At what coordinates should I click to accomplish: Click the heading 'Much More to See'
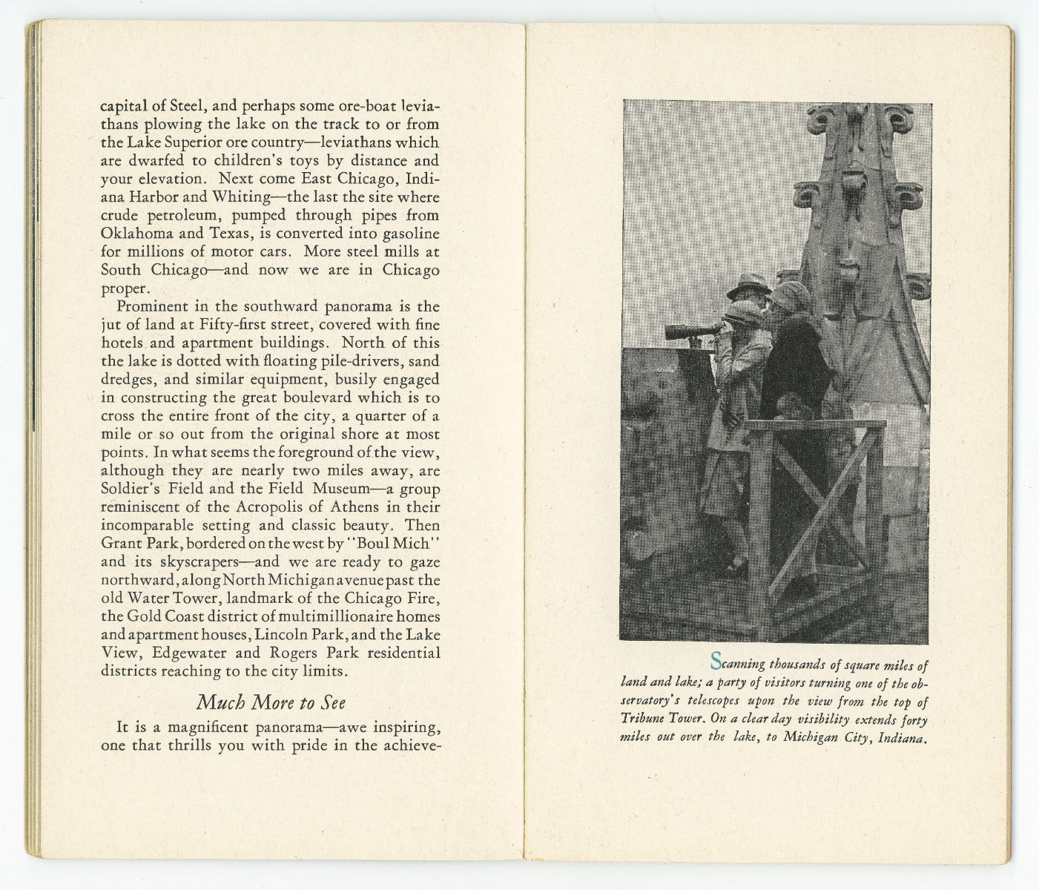[x=271, y=702]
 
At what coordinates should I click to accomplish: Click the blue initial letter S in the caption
[x=716, y=659]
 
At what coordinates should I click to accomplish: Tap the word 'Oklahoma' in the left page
[x=133, y=234]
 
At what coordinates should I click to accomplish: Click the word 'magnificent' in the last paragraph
[x=198, y=727]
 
